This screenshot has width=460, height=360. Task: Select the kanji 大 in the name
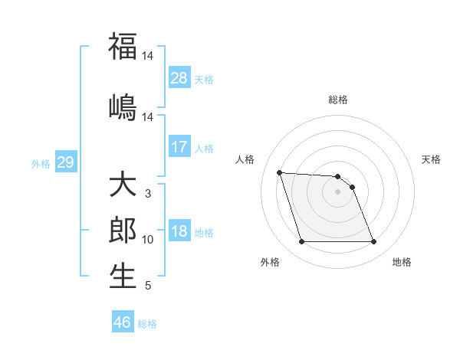point(123,186)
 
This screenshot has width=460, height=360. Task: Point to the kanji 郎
point(123,231)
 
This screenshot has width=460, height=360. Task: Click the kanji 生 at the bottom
point(123,276)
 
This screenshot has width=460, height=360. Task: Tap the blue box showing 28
point(179,78)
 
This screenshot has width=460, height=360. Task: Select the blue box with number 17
point(179,147)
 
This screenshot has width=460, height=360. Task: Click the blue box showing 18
point(179,232)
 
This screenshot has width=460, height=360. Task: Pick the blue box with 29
point(65,162)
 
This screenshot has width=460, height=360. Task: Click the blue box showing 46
point(123,322)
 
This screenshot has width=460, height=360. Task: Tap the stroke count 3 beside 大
point(147,194)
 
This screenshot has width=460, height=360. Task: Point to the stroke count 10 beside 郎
point(148,240)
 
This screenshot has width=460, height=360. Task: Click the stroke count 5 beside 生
point(147,286)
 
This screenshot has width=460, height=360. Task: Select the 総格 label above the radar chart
point(338,100)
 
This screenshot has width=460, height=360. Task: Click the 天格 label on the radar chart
point(432,159)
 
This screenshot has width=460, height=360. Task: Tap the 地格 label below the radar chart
point(402,262)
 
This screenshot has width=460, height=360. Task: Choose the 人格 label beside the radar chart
point(245,159)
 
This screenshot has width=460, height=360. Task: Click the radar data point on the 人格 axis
point(280,172)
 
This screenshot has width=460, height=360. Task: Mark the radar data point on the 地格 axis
point(373,242)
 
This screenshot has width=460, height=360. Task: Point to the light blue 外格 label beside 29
point(40,163)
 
